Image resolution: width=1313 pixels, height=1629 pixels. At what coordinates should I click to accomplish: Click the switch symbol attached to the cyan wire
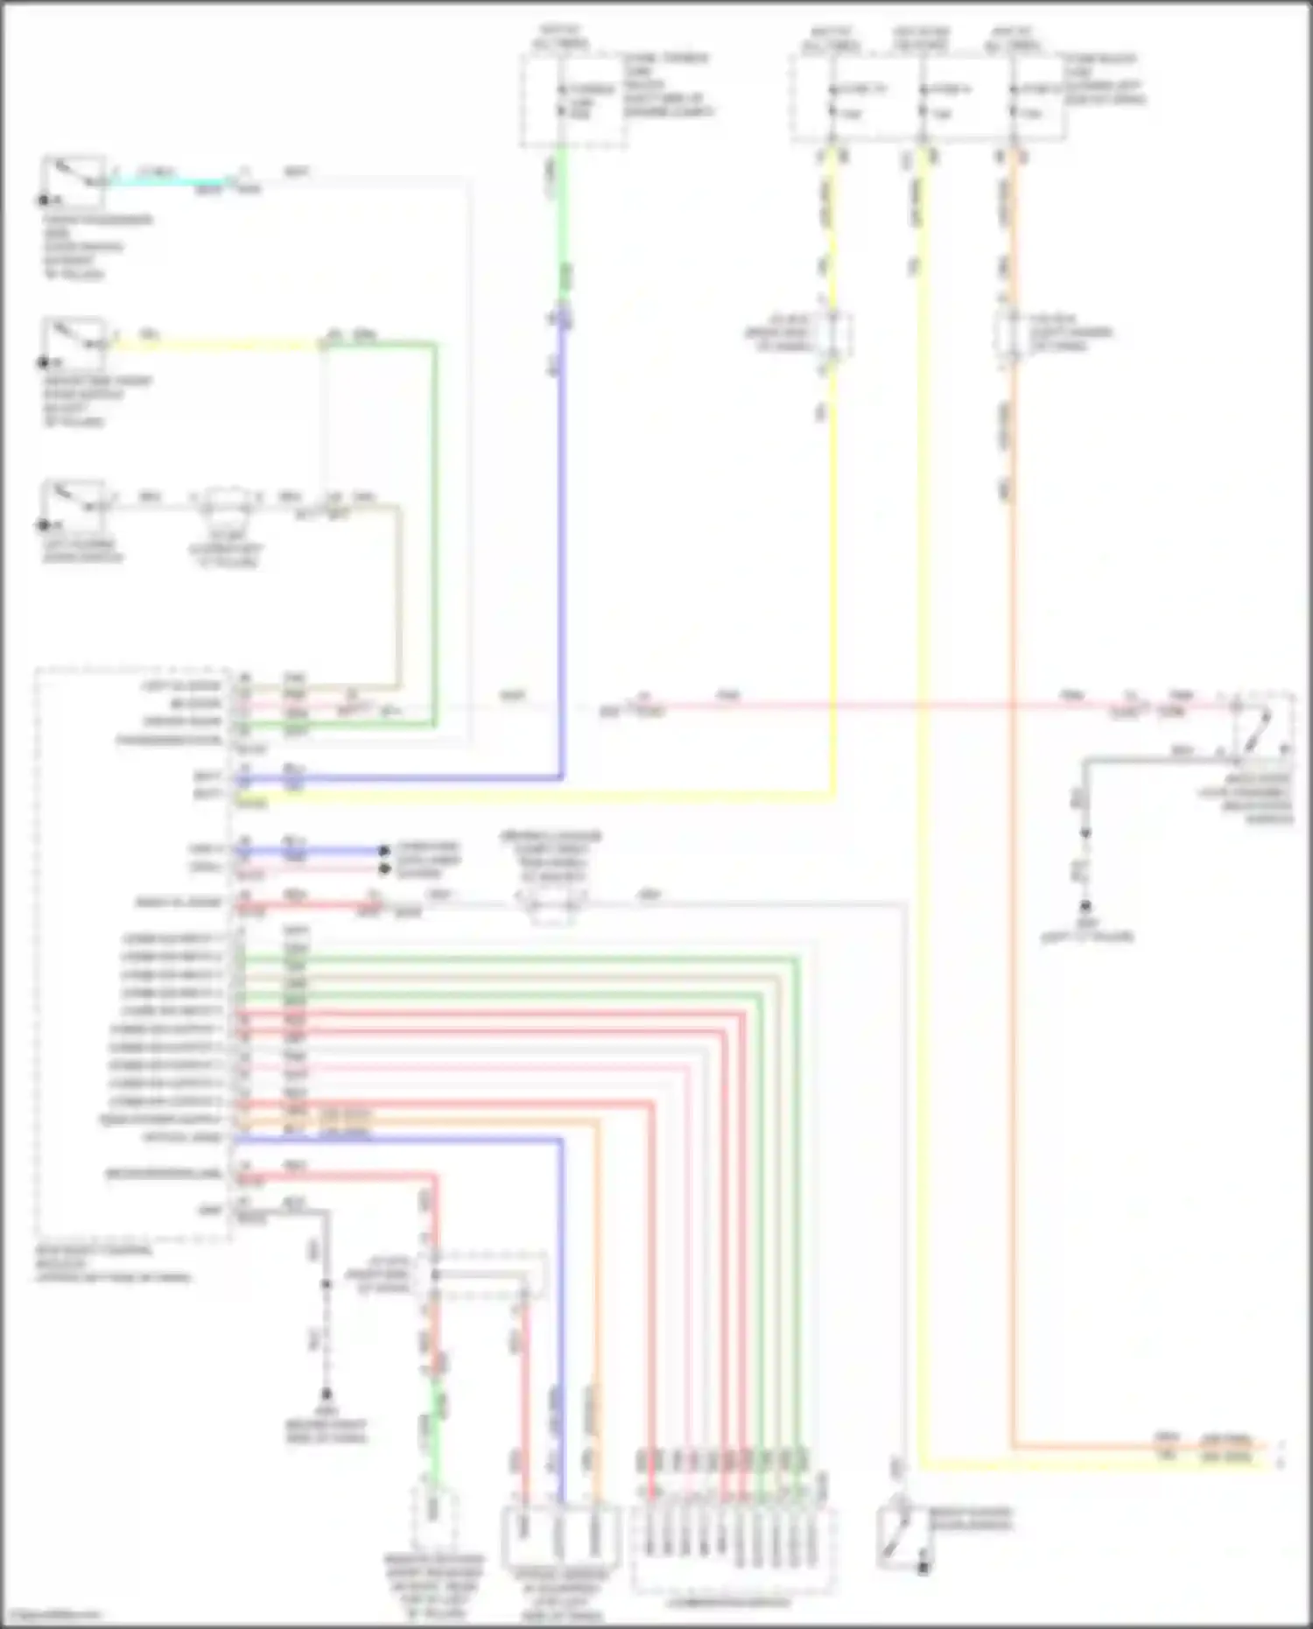74,180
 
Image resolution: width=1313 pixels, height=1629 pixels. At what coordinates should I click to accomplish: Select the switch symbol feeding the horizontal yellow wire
74,342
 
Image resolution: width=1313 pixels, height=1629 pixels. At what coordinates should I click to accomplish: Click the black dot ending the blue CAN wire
383,850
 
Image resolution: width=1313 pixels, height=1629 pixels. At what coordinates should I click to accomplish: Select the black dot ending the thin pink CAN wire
383,868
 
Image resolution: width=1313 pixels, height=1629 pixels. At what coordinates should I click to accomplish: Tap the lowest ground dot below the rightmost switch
1085,906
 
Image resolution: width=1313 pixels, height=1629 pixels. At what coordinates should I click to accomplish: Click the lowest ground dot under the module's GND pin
326,1394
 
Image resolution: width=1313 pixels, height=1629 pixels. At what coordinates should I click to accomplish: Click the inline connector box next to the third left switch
226,505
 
